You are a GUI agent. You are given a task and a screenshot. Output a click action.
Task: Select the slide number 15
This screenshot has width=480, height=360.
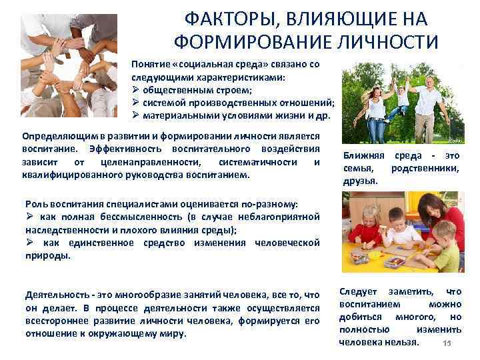coord(447,343)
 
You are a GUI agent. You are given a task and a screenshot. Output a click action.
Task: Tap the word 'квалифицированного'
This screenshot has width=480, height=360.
coord(73,175)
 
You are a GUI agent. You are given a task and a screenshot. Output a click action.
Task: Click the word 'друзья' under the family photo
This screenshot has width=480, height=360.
coord(360,180)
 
